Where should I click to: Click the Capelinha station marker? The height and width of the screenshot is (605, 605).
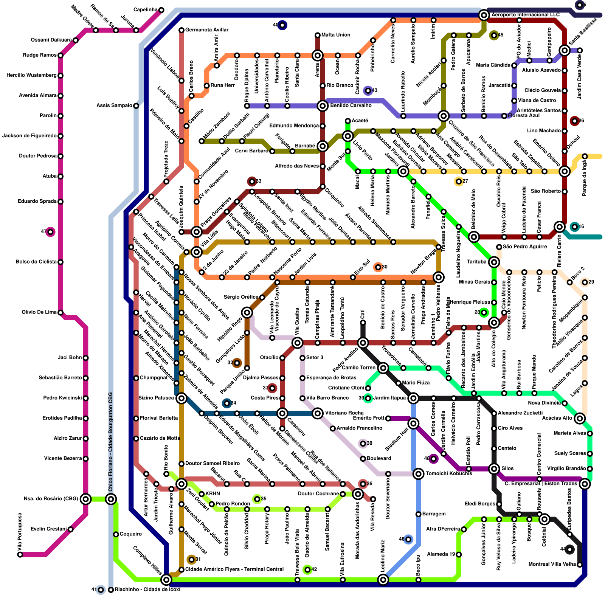coord(161,10)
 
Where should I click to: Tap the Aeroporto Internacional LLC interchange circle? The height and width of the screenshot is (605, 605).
coord(484,15)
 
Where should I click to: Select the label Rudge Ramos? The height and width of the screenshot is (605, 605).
coord(40,55)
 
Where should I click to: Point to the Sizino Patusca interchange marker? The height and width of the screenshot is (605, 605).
coord(181,398)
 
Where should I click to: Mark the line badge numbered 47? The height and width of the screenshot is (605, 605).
coord(50,232)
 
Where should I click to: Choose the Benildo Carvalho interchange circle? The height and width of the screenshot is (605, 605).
coord(323,106)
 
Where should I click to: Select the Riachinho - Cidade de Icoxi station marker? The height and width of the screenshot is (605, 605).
coord(111,590)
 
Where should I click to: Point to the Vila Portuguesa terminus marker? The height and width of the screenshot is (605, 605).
coord(20,555)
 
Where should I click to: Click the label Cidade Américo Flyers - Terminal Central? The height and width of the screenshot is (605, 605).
coord(234,569)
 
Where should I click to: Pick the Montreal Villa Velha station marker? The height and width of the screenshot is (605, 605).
coord(580,565)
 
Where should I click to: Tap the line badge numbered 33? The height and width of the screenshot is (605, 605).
coord(252,181)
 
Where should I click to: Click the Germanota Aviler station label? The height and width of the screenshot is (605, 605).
coord(207,30)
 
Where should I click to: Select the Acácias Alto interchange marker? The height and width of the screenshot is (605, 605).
coord(580,418)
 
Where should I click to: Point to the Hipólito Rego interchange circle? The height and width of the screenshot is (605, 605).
coord(247,312)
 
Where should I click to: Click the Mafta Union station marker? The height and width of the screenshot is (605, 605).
coord(318,35)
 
